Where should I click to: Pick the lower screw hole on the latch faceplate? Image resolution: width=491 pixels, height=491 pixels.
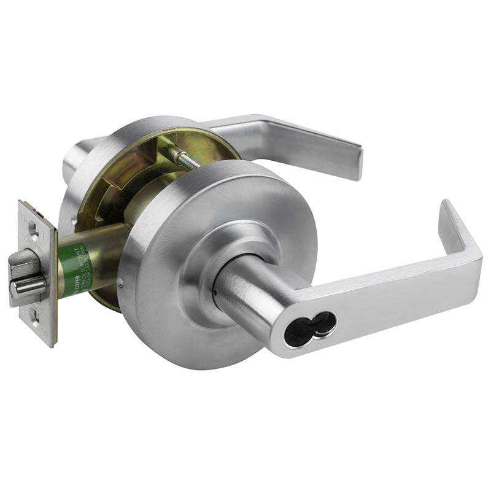pyautogui.click(x=37, y=319)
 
